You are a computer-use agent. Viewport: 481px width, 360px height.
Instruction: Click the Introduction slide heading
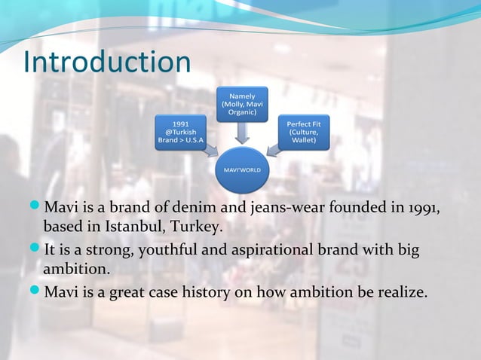coord(106,63)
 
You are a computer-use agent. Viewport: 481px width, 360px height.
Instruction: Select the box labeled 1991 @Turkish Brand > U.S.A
coord(181,133)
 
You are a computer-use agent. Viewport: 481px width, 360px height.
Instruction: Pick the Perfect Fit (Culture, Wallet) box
coord(304,133)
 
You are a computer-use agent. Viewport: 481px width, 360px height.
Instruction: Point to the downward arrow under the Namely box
coord(243,133)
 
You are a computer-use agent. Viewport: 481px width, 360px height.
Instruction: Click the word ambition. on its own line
coord(76,269)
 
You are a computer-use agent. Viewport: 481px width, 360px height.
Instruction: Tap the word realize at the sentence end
coord(400,291)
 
